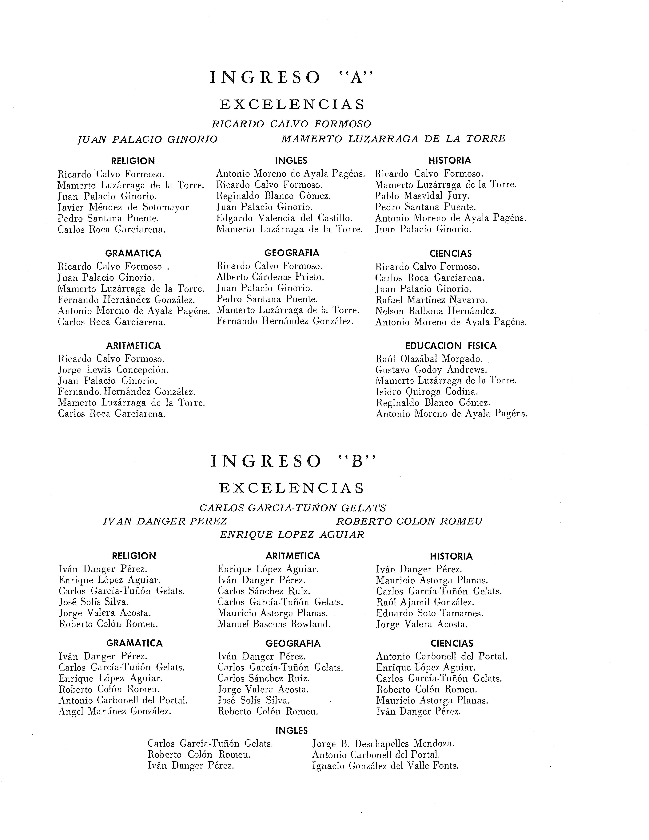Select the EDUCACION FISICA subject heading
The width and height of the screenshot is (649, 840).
[x=451, y=346]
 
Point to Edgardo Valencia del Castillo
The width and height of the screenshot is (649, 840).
[x=284, y=218]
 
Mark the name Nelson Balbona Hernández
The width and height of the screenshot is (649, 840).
[x=436, y=311]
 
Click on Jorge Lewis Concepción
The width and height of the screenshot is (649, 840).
[x=113, y=370]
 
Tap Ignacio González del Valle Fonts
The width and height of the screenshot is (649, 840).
[x=385, y=766]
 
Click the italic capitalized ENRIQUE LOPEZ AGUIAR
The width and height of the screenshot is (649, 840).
[x=292, y=535]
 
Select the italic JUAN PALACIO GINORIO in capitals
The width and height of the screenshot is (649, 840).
[x=148, y=139]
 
